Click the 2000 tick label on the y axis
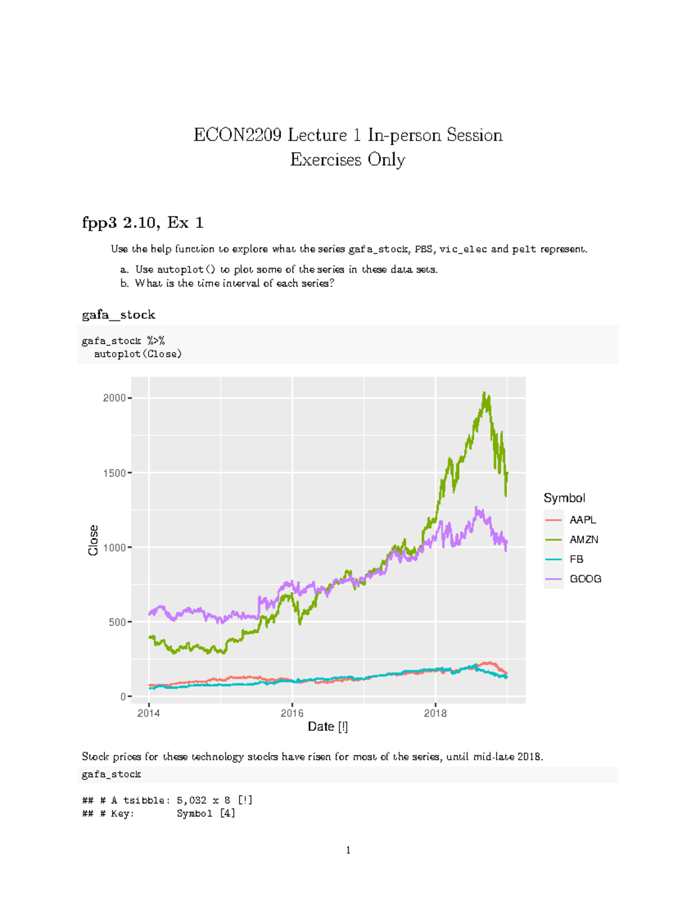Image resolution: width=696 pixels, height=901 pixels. click(114, 398)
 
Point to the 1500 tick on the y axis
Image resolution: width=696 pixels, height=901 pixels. click(114, 473)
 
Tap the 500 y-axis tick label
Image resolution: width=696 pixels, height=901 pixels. click(118, 622)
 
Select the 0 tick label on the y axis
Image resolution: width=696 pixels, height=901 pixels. click(123, 697)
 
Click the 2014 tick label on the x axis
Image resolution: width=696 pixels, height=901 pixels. click(148, 713)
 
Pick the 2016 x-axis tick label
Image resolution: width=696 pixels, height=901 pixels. click(292, 713)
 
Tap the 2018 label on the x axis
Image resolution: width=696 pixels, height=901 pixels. click(435, 713)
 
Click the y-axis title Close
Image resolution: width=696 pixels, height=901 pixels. click(93, 540)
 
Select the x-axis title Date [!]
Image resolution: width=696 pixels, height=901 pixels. click(328, 727)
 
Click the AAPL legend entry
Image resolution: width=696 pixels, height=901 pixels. click(582, 520)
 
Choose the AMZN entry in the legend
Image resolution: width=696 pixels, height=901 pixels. click(583, 540)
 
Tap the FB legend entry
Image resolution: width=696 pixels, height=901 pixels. click(576, 559)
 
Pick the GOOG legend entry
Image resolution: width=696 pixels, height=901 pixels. click(585, 579)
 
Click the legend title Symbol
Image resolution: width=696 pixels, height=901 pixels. click(564, 498)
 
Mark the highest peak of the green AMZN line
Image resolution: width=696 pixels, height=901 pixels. click(484, 393)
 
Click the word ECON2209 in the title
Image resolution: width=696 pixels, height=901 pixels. click(238, 135)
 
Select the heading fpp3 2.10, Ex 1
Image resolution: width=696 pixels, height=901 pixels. click(142, 223)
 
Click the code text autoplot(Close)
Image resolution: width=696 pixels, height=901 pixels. click(137, 354)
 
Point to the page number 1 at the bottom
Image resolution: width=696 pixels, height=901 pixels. click(348, 851)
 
